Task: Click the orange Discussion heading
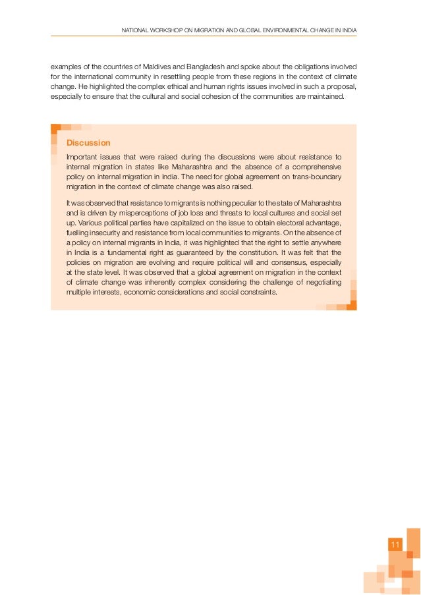click(88, 143)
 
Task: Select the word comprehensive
click(312, 167)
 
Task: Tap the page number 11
click(395, 544)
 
